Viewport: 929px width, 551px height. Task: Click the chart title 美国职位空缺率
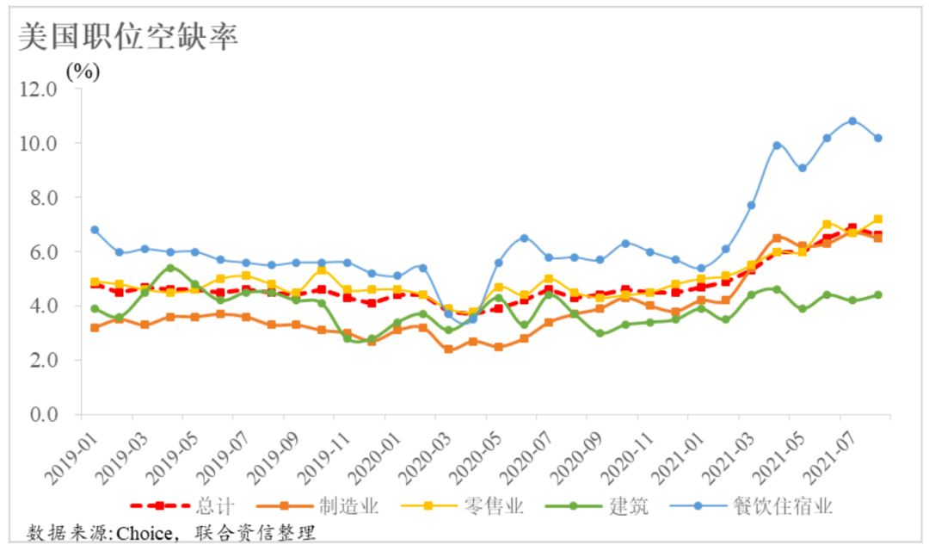coord(127,36)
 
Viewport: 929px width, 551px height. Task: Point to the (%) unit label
coord(84,71)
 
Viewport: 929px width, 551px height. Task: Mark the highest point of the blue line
coord(852,121)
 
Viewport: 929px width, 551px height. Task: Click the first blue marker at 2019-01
coord(95,230)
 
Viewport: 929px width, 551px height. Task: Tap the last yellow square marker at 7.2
coord(878,219)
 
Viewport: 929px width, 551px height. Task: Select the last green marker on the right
coord(878,294)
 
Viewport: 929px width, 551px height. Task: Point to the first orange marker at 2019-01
coord(95,327)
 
